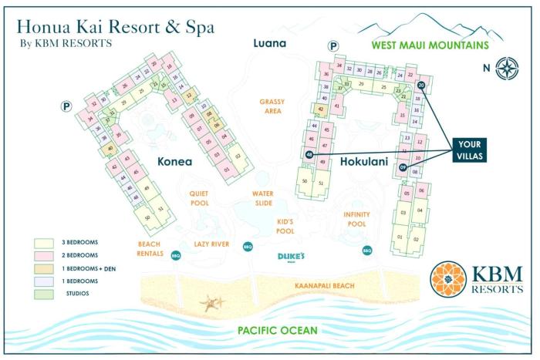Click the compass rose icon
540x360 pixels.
pyautogui.click(x=507, y=67)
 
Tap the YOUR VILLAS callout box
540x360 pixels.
pyautogui.click(x=470, y=149)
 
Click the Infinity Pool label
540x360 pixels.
pyautogui.click(x=356, y=219)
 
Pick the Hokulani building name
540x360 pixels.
pyautogui.click(x=363, y=162)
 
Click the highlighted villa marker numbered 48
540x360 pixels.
pyautogui.click(x=309, y=154)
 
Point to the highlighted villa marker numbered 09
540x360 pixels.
pyautogui.click(x=403, y=167)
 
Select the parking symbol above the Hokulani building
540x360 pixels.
pyautogui.click(x=333, y=47)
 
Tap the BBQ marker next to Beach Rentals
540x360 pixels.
pyautogui.click(x=175, y=255)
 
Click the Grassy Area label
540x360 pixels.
pyautogui.click(x=272, y=106)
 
